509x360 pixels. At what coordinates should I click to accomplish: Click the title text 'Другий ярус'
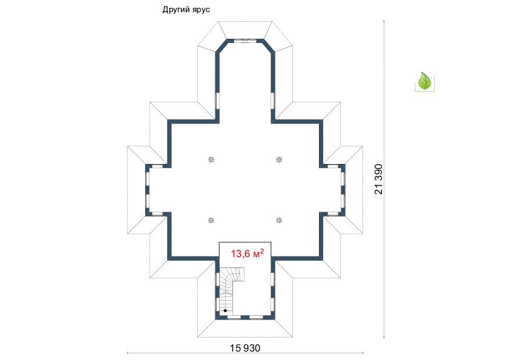pos(186,10)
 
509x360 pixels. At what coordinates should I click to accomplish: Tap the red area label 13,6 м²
pos(247,253)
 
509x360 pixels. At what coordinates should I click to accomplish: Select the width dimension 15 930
pos(245,348)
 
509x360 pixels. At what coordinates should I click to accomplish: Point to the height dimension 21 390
pos(378,180)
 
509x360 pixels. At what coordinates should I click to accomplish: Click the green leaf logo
pos(424,81)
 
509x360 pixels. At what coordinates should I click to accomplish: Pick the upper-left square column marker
pos(211,159)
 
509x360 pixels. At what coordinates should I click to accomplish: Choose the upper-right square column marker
pos(279,159)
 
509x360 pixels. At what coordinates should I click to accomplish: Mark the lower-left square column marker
pos(211,220)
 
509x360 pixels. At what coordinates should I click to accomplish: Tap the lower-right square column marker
pos(279,220)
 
